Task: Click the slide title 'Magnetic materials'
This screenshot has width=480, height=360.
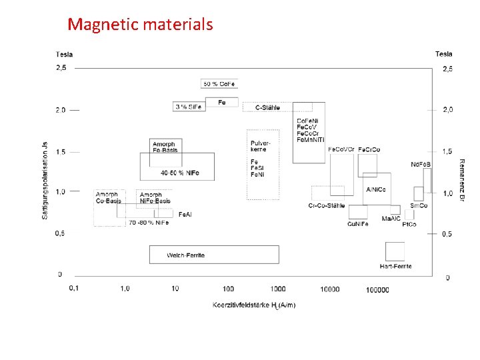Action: (140, 25)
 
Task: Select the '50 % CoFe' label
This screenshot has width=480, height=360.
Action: (219, 83)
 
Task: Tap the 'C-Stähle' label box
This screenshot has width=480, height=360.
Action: (267, 107)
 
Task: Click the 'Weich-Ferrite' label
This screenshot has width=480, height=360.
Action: (186, 255)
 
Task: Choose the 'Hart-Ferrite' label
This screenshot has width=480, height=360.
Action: (395, 266)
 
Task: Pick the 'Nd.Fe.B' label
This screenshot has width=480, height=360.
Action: (421, 164)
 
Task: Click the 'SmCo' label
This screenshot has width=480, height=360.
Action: (419, 205)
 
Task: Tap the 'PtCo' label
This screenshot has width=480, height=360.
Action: (409, 224)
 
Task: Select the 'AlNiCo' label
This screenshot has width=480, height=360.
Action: (376, 190)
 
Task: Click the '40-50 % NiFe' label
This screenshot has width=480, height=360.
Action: (180, 173)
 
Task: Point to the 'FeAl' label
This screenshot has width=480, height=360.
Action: (185, 214)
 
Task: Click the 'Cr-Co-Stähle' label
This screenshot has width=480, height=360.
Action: (327, 205)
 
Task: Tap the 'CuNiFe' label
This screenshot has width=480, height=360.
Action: (357, 224)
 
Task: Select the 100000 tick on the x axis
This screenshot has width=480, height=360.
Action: (377, 289)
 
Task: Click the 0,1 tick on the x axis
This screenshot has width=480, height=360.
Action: (73, 288)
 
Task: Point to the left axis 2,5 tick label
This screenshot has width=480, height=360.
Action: (61, 68)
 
